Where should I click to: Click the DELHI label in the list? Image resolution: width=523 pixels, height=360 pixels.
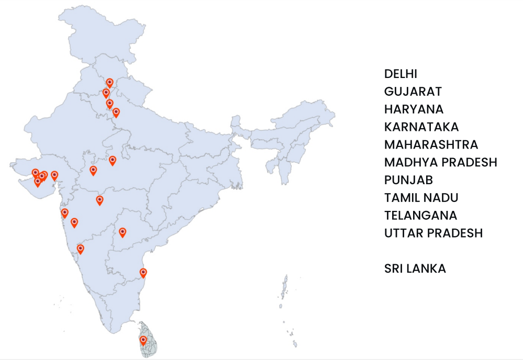[400, 74]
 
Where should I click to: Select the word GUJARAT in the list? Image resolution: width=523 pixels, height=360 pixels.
[413, 92]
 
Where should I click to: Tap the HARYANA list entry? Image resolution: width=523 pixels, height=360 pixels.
[414, 109]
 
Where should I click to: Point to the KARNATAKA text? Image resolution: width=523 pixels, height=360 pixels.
[421, 127]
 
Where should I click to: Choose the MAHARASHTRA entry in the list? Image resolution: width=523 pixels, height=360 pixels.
[431, 145]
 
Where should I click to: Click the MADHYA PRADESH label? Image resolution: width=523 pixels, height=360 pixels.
[440, 162]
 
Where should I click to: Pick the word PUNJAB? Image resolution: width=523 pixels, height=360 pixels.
[408, 180]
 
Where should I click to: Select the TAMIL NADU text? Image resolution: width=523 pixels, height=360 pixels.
[421, 198]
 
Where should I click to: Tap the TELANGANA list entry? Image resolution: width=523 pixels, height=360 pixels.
[420, 216]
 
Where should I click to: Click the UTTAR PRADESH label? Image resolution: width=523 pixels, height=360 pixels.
[433, 233]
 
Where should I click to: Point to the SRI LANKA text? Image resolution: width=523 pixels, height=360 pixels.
[415, 268]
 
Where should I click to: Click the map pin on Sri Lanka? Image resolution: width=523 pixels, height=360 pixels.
[143, 341]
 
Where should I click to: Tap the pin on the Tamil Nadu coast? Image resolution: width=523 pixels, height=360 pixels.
[143, 273]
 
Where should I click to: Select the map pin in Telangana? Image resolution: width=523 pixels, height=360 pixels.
[123, 232]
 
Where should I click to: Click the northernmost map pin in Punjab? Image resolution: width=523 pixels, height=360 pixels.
[109, 83]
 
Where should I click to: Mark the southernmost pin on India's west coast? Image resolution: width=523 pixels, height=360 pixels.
[80, 249]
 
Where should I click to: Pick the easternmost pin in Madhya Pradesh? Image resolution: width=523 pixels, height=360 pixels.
[112, 160]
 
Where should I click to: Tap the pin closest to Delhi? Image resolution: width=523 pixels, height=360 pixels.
[116, 112]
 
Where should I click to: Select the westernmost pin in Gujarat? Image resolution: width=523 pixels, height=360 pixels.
[35, 173]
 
